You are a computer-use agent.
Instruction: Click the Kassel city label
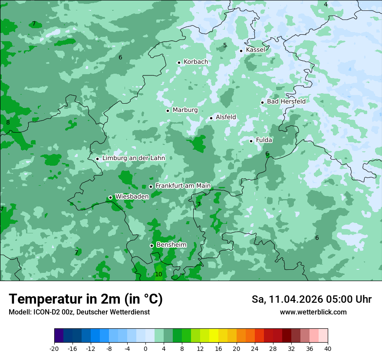[255, 50]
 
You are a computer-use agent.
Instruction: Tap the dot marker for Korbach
[179, 62]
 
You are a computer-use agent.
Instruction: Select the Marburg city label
[185, 110]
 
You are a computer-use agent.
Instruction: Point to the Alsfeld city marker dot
[211, 118]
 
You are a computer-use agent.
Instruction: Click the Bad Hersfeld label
[286, 101]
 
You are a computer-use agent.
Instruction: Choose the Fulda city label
[264, 140]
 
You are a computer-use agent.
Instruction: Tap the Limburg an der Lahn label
[134, 158]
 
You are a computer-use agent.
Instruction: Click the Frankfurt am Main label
[183, 186]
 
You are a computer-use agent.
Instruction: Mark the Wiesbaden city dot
[110, 197]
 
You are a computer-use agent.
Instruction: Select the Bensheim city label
[171, 245]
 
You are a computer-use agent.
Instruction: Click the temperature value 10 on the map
[158, 275]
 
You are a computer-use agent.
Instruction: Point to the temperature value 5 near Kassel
[225, 45]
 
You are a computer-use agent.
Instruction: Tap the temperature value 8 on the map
[8, 123]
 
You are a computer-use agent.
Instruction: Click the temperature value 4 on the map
[326, 4]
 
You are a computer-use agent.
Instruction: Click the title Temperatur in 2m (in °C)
[86, 299]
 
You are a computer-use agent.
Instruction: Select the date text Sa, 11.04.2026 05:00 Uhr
[312, 299]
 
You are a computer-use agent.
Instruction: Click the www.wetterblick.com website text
[313, 312]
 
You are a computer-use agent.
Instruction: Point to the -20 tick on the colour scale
[54, 348]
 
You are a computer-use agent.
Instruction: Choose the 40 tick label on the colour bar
[327, 348]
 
